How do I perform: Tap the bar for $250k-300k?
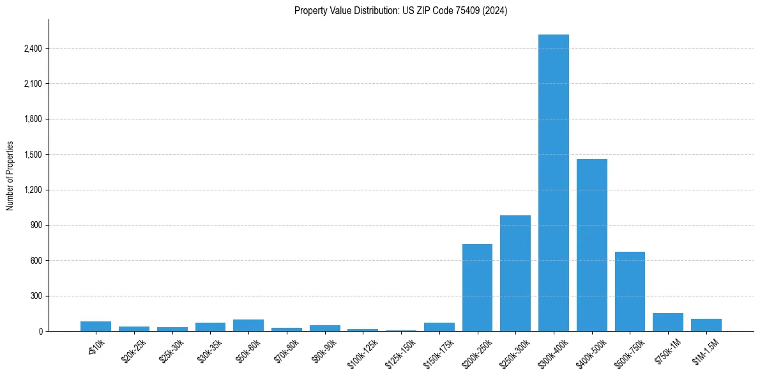515,273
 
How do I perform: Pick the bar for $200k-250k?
477,288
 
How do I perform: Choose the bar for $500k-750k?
630,291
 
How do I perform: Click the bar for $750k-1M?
668,322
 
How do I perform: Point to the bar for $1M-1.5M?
706,325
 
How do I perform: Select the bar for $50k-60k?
248,325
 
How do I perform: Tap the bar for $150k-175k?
439,327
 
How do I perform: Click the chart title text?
400,11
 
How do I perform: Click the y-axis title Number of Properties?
10,176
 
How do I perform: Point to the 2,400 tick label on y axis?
31,49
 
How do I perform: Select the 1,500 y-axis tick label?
31,155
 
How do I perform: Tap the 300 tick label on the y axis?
36,296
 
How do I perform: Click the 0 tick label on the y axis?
40,332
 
